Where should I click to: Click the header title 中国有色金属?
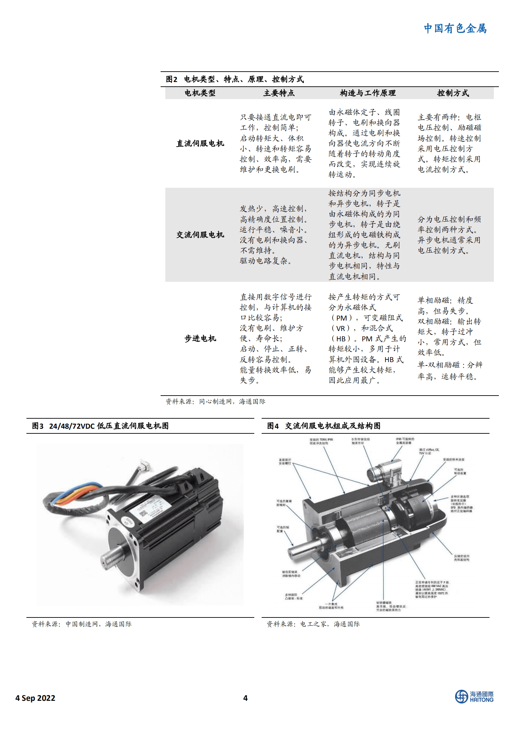tap(455, 28)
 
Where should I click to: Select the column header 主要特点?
tap(279, 93)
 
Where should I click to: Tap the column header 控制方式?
tap(453, 93)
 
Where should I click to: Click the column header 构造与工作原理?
tap(367, 93)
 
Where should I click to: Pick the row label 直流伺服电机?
tap(200, 144)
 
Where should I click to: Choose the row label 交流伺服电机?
tap(200, 235)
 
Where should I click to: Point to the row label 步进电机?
tap(200, 339)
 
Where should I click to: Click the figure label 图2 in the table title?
tap(171, 79)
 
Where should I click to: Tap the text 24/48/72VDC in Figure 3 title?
tap(72, 426)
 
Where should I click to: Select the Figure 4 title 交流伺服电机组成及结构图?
tap(333, 426)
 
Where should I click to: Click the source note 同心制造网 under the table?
tap(215, 402)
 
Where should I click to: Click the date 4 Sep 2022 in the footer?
tap(35, 698)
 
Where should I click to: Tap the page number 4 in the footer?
tap(245, 698)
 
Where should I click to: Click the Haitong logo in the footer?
tap(474, 696)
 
